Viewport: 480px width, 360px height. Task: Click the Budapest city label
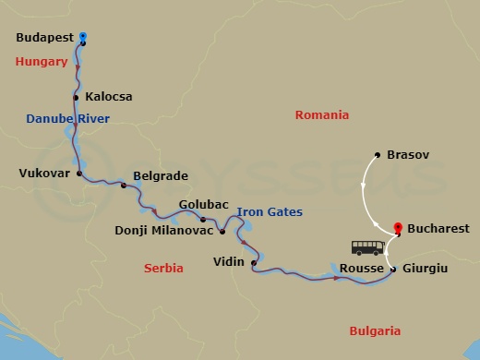coord(46,40)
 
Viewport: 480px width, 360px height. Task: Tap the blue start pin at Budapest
coord(83,38)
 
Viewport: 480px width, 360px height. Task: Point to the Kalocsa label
coord(109,96)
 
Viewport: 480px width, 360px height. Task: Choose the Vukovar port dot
coord(79,173)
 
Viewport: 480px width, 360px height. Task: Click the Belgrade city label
coord(161,174)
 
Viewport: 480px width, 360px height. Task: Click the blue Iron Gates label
coord(270,212)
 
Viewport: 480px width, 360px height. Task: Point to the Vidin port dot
coord(253,262)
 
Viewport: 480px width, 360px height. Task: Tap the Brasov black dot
coord(378,155)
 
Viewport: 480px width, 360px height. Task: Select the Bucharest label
coord(437,228)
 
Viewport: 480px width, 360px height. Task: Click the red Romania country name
coord(321,115)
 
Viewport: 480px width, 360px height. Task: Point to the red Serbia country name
coord(163,268)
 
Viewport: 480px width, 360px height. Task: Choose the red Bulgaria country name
coord(375,330)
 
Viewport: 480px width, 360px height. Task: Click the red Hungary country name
coord(42,62)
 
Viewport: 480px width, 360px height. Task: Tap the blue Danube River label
coord(67,119)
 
